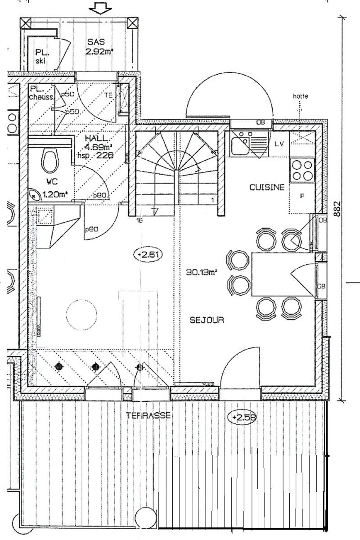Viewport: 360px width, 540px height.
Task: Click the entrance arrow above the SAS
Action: [99, 8]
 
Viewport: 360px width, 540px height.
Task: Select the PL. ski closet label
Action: [41, 57]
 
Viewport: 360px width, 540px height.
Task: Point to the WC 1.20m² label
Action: [53, 189]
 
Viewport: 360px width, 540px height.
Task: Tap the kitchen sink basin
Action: [239, 145]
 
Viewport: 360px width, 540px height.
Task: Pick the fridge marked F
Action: [302, 196]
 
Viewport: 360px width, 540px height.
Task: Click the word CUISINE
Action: [267, 188]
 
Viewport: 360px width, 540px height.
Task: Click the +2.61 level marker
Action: [148, 255]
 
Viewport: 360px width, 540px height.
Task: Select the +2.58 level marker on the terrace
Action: [244, 418]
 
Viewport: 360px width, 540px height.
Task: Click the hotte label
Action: [299, 96]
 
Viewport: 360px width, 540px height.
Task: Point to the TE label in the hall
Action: [108, 95]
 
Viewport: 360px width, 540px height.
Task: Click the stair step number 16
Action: [139, 220]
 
